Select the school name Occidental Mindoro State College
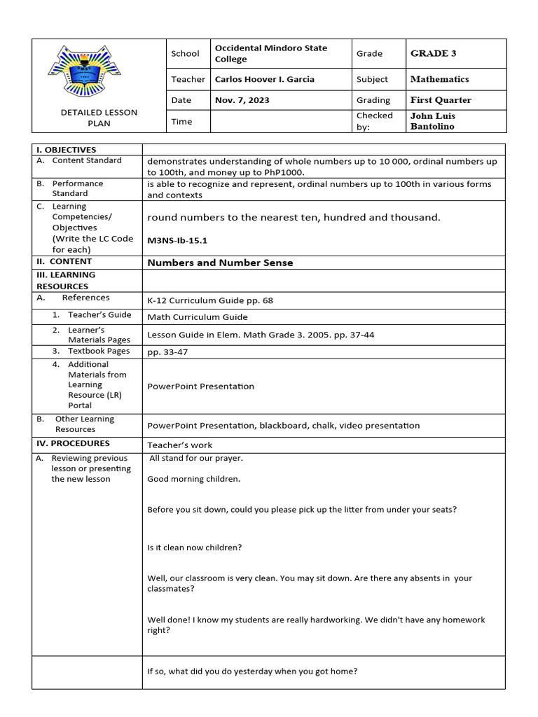270,53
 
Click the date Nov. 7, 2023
242,100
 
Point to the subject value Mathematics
439,79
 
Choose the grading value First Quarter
441,100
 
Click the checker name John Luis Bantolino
432,120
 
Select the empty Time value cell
280,121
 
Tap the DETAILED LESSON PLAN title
99,118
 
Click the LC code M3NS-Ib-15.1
177,240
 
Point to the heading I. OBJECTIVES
66,150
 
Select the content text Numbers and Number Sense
220,263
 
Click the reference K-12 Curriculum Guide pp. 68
210,300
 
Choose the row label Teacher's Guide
99,315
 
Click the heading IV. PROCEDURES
73,443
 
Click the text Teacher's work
179,445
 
